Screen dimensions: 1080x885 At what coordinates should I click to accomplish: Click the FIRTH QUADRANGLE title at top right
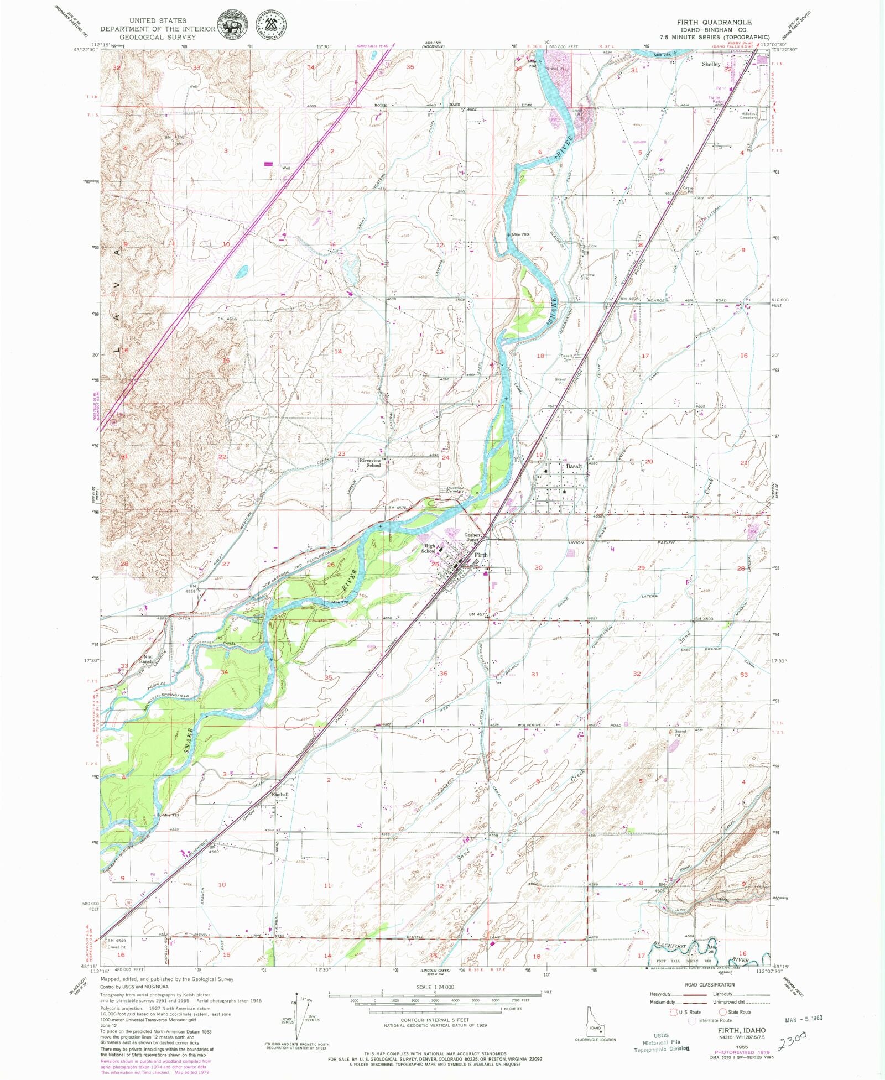[714, 23]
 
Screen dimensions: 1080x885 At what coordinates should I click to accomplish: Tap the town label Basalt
[574, 466]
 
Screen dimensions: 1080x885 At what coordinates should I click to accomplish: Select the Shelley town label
[711, 64]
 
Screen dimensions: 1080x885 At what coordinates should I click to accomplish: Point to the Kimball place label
[280, 795]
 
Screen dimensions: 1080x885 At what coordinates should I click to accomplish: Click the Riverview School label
[370, 462]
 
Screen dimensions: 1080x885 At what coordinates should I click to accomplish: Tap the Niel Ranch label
[146, 659]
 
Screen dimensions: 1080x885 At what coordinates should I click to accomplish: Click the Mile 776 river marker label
[340, 602]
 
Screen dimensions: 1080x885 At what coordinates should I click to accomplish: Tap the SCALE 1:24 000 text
[435, 987]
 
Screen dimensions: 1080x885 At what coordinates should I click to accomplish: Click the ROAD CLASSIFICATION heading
[709, 984]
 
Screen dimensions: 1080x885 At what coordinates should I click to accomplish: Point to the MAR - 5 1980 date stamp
[803, 1019]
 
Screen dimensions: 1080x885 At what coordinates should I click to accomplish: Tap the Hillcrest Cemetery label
[748, 115]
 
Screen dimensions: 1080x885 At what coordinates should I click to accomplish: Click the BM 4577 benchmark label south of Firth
[477, 614]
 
